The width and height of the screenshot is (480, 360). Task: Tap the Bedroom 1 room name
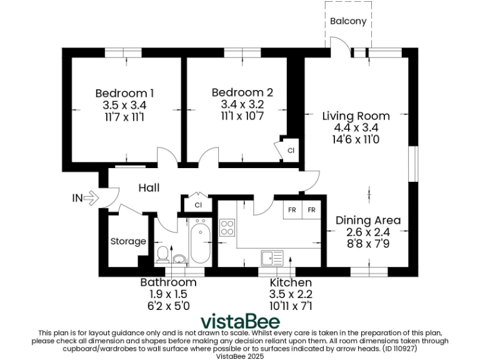click(x=124, y=93)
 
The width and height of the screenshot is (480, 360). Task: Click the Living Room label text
click(x=356, y=116)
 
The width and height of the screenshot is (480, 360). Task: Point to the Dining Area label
click(x=368, y=221)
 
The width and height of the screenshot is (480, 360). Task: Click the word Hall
click(x=149, y=187)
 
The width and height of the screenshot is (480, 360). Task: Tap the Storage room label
click(x=128, y=241)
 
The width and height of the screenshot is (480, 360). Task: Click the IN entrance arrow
click(x=89, y=198)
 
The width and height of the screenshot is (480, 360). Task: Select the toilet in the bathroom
click(x=162, y=254)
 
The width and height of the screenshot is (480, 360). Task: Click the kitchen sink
click(x=272, y=257)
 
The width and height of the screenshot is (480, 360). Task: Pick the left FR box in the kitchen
click(x=292, y=210)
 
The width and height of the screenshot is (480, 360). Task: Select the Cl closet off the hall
click(x=198, y=204)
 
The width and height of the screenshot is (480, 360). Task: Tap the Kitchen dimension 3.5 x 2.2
click(x=290, y=294)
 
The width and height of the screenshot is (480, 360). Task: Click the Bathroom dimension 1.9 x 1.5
click(x=168, y=294)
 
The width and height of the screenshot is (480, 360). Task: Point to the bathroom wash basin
click(x=179, y=258)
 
